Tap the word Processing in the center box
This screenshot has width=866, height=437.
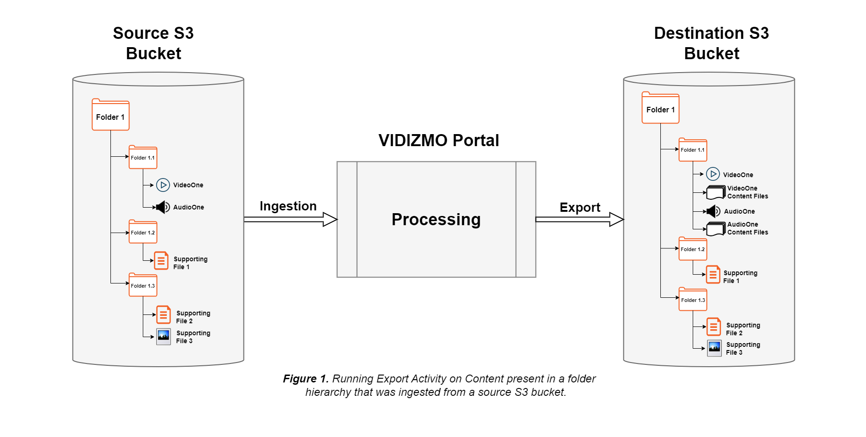(x=436, y=219)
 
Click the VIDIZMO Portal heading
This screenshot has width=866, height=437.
(x=439, y=140)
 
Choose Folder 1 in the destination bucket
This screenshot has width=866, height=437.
(x=660, y=109)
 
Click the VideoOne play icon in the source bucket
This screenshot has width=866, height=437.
(x=163, y=185)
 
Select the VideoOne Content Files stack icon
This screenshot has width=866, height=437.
(x=716, y=192)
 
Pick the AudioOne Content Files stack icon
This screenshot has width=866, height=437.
(x=716, y=228)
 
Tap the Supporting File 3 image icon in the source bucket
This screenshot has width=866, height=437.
(x=164, y=337)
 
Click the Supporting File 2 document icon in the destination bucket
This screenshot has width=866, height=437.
(x=714, y=327)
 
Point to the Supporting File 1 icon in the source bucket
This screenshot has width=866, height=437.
(x=161, y=261)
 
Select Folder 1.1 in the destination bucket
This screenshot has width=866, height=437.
(x=693, y=150)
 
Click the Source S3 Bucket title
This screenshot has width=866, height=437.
(x=153, y=43)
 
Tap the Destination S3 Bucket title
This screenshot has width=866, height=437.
(x=711, y=43)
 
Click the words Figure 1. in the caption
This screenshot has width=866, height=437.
(x=305, y=379)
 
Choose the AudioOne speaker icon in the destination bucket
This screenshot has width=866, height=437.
(x=713, y=211)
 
